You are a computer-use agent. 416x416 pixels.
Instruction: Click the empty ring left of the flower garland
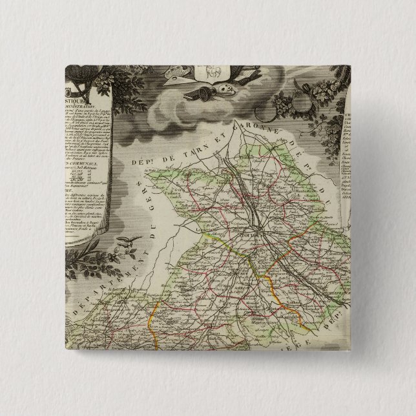tap(300, 104)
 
